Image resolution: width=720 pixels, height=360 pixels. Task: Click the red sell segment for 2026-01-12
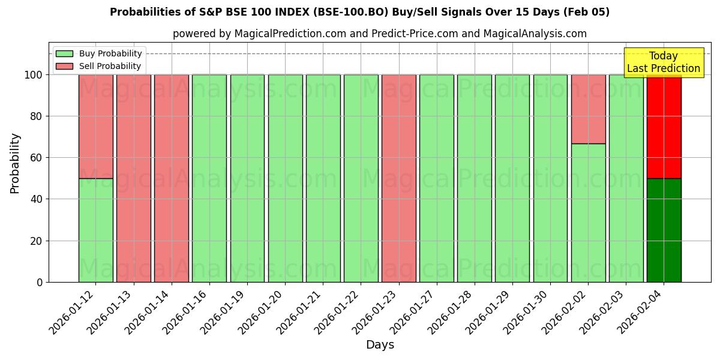pos(95,126)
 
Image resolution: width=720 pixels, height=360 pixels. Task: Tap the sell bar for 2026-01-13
pos(133,178)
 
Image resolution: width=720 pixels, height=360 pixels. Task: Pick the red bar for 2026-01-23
pos(399,178)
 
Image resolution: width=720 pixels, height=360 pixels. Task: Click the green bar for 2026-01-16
pos(209,178)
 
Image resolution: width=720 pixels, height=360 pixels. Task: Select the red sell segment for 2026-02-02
pos(589,109)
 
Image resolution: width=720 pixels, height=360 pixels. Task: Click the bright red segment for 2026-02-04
pos(664,126)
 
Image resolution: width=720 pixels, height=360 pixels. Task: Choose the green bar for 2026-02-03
pos(626,178)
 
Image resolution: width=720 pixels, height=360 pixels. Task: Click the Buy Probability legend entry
pos(99,53)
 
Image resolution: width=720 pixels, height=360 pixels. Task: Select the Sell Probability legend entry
pos(99,66)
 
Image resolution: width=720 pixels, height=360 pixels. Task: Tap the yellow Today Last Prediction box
pos(664,62)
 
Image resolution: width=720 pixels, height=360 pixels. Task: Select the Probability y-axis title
pos(15,163)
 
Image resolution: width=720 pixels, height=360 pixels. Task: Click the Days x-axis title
pos(380,345)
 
